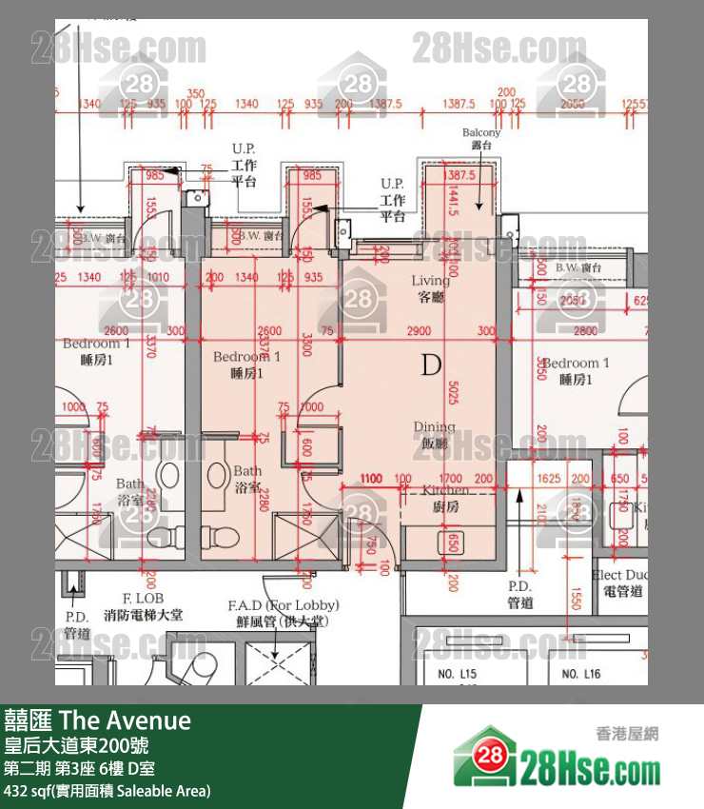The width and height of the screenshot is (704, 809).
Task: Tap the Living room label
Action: pos(430,287)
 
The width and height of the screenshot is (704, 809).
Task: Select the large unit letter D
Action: pos(432,364)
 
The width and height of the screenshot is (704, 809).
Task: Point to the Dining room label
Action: pos(433,435)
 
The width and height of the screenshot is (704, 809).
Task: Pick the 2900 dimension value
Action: pos(417,330)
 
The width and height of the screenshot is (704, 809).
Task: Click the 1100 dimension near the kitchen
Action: pos(371,478)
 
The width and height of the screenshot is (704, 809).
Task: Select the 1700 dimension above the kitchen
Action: pos(451,478)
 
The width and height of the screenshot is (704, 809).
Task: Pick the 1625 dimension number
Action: pos(549,478)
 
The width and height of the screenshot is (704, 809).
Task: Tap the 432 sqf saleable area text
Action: pos(107,791)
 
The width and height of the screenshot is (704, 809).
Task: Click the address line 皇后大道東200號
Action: pos(76,745)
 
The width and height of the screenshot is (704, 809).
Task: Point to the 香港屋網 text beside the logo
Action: pos(627,733)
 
